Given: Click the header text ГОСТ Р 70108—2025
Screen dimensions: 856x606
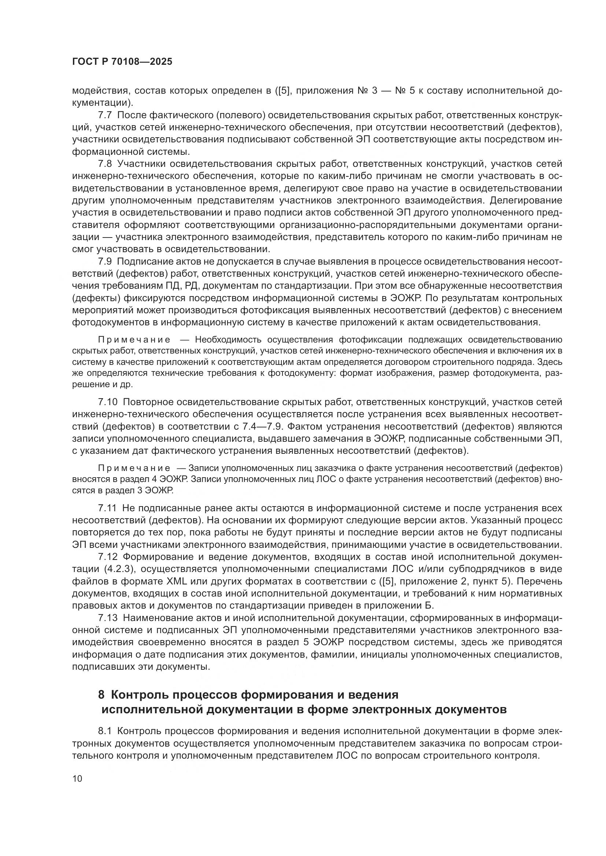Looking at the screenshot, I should [122, 62].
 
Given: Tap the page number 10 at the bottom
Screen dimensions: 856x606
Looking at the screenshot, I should [77, 778].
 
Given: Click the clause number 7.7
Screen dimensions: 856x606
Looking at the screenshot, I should [104, 115].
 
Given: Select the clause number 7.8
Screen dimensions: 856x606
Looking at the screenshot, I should [104, 164].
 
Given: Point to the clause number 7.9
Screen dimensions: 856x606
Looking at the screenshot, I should [104, 262].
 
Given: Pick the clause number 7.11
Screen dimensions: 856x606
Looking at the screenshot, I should [107, 508].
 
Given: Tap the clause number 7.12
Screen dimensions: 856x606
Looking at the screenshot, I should [107, 557].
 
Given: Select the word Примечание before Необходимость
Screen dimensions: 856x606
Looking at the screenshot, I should [134, 340].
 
